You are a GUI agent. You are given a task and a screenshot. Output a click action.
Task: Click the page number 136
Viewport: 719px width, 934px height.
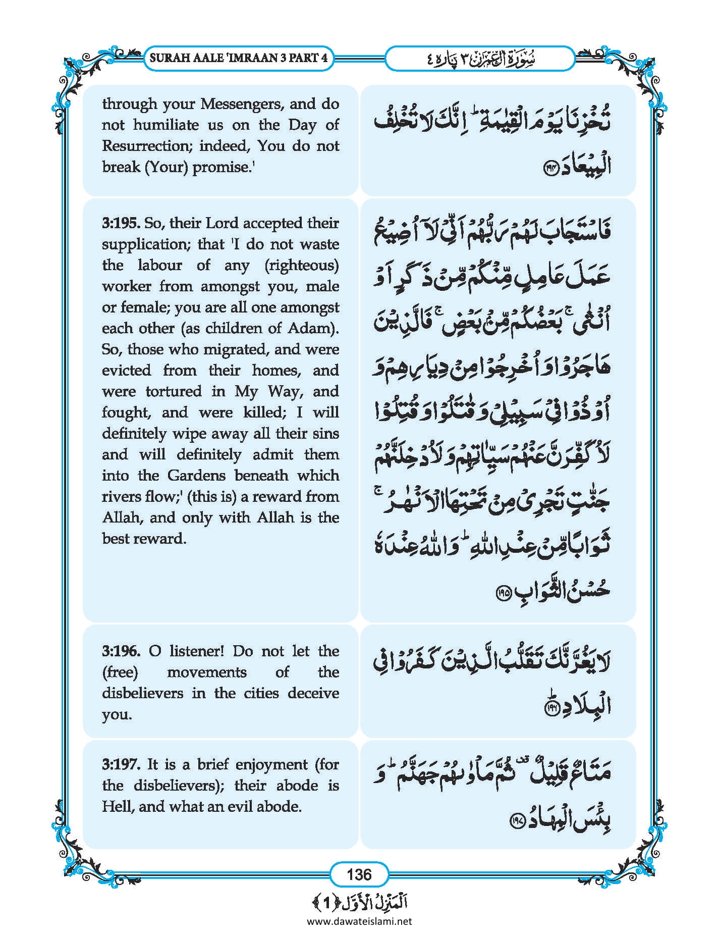click(x=359, y=874)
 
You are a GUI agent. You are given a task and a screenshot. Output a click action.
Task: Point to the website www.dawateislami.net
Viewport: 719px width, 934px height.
click(x=359, y=921)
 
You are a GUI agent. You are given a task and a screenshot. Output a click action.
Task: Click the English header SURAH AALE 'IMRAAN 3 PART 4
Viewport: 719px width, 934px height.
click(x=239, y=58)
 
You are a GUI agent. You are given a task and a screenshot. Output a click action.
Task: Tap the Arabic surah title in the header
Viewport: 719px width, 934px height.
click(x=479, y=58)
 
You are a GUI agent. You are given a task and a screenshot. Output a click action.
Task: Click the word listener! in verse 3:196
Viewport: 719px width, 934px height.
click(x=196, y=651)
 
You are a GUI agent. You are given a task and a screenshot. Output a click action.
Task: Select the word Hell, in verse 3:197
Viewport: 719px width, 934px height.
click(x=118, y=806)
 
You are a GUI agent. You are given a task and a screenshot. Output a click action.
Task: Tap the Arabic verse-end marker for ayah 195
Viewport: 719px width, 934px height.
click(x=504, y=592)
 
